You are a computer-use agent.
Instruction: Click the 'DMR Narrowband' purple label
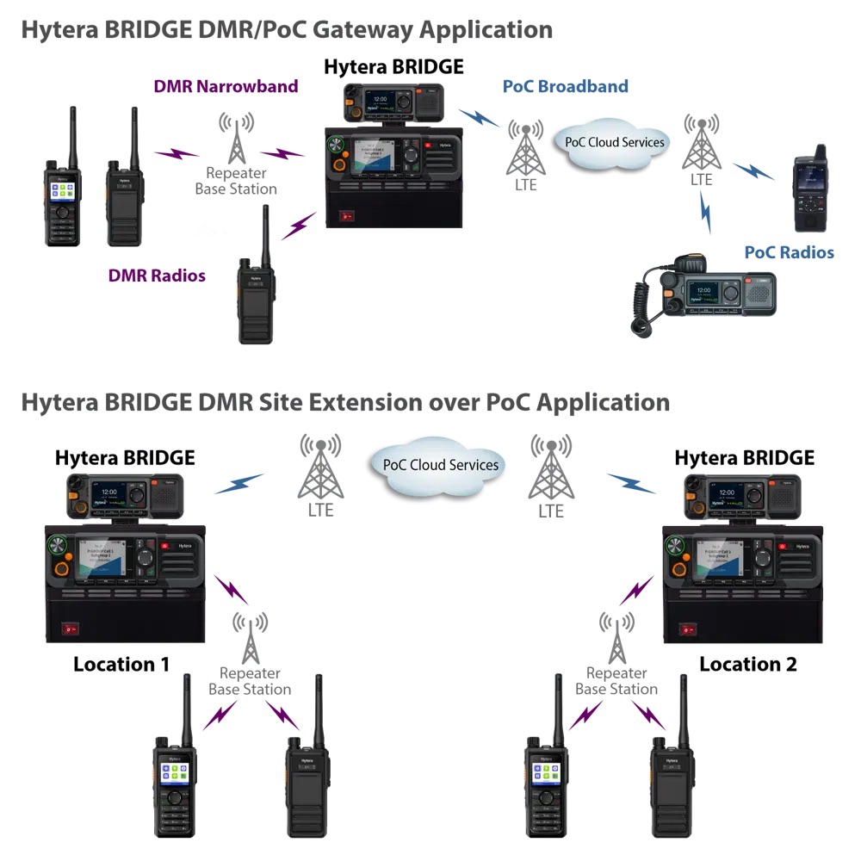tap(226, 86)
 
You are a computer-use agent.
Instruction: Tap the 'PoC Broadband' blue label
tap(565, 86)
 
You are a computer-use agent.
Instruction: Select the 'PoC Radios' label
tap(789, 252)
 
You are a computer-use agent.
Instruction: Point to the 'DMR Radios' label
tap(157, 276)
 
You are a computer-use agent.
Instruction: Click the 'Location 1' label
tap(121, 664)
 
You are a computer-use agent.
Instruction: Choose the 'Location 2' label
tap(747, 664)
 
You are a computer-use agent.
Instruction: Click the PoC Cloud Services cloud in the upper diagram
tap(614, 142)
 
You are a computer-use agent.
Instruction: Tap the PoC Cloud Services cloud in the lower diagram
tap(440, 465)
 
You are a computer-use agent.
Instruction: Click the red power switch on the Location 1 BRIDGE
tap(65, 629)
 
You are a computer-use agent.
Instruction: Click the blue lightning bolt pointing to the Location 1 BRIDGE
tap(238, 484)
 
